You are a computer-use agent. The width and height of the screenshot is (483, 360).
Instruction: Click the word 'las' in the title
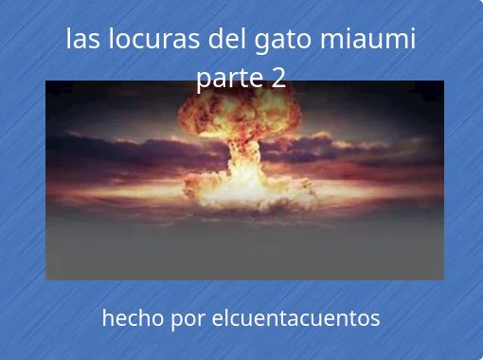click(82, 38)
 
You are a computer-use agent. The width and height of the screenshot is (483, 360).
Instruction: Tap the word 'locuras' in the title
click(154, 38)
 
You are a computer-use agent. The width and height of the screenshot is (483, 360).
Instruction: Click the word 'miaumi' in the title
click(367, 38)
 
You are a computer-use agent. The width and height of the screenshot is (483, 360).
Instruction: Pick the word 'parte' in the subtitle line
click(230, 79)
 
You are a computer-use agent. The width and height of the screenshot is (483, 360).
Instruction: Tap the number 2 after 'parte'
click(278, 77)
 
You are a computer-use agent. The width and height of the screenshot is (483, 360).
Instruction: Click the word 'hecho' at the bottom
click(133, 317)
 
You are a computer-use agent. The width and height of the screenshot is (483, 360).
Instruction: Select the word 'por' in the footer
click(188, 320)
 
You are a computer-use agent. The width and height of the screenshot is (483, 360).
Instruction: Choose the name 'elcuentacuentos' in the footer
click(295, 317)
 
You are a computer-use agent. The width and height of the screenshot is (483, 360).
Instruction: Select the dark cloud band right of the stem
click(348, 152)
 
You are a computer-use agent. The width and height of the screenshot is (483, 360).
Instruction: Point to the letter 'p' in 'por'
click(177, 321)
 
